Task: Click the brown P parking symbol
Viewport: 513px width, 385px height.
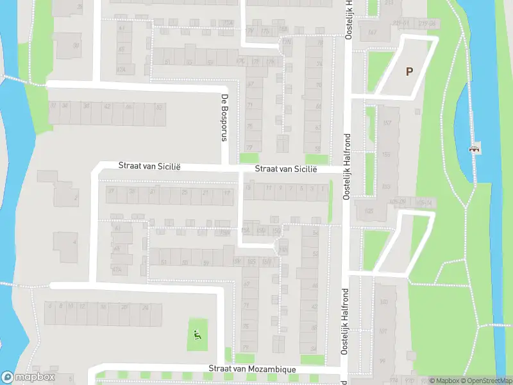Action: [x=408, y=71]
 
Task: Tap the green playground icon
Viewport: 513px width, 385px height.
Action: [x=197, y=334]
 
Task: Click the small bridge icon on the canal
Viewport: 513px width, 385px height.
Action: [x=475, y=149]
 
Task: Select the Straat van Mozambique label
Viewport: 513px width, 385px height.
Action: [x=252, y=370]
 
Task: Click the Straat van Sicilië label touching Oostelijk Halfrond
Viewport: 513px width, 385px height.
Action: [x=286, y=169]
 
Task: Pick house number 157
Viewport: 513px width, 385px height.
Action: [x=387, y=123]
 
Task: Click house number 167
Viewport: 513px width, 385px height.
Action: [x=372, y=32]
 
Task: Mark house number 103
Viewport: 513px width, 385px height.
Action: [x=383, y=302]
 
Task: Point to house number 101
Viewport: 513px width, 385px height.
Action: [x=383, y=332]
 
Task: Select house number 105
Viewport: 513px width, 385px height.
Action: [x=369, y=210]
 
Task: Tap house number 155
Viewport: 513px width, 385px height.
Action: [x=386, y=155]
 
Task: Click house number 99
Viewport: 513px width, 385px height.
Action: [x=382, y=361]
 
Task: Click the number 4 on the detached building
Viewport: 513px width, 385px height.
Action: [x=74, y=243]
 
